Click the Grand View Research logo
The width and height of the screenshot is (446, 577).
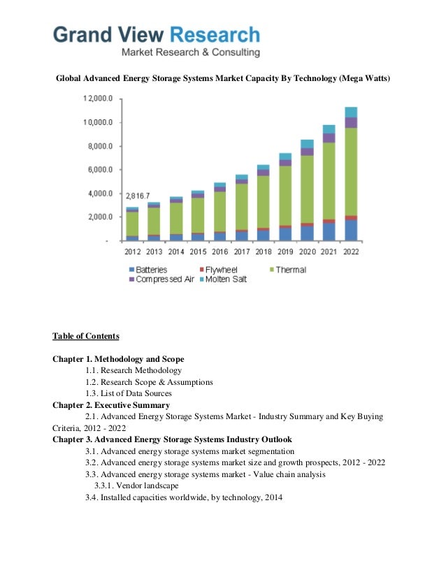click(157, 41)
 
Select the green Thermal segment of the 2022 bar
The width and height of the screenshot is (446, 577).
click(351, 172)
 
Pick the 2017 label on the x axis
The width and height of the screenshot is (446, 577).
click(241, 250)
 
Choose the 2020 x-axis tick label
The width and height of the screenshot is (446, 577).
click(307, 250)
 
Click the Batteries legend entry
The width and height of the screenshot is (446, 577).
click(148, 270)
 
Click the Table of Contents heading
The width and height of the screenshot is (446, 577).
click(86, 336)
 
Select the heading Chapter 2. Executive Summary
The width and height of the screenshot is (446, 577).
click(110, 404)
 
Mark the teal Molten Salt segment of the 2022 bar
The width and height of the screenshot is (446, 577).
click(351, 112)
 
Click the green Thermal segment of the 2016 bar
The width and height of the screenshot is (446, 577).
click(220, 211)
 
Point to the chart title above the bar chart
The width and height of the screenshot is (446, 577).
click(223, 78)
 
